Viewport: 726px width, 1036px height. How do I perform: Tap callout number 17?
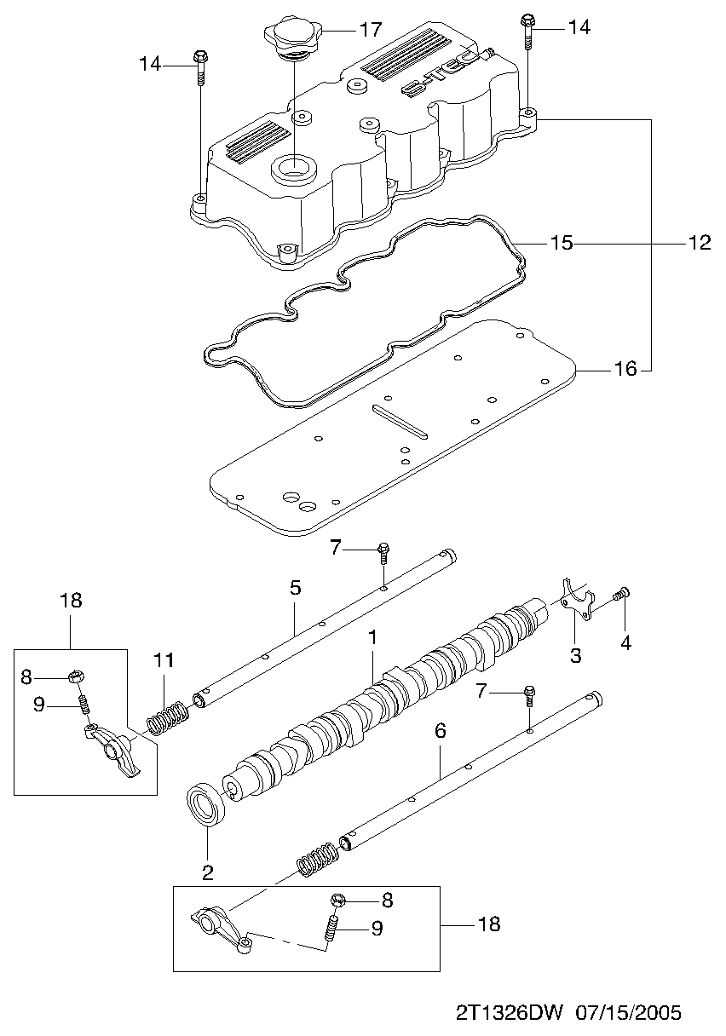click(x=371, y=30)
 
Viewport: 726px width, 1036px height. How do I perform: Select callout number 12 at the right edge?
click(x=700, y=243)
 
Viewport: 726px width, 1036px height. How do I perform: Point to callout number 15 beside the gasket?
click(x=562, y=243)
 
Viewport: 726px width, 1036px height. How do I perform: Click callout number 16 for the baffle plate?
click(x=625, y=369)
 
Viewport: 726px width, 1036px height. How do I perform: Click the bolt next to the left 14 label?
click(x=200, y=67)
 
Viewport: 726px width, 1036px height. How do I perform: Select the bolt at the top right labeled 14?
click(x=528, y=32)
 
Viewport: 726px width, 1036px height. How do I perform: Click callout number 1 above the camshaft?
click(x=372, y=638)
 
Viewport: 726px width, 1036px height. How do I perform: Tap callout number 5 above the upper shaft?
click(x=295, y=587)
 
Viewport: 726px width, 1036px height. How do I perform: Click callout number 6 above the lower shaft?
click(x=440, y=731)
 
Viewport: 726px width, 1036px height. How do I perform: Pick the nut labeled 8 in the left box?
click(x=77, y=677)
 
